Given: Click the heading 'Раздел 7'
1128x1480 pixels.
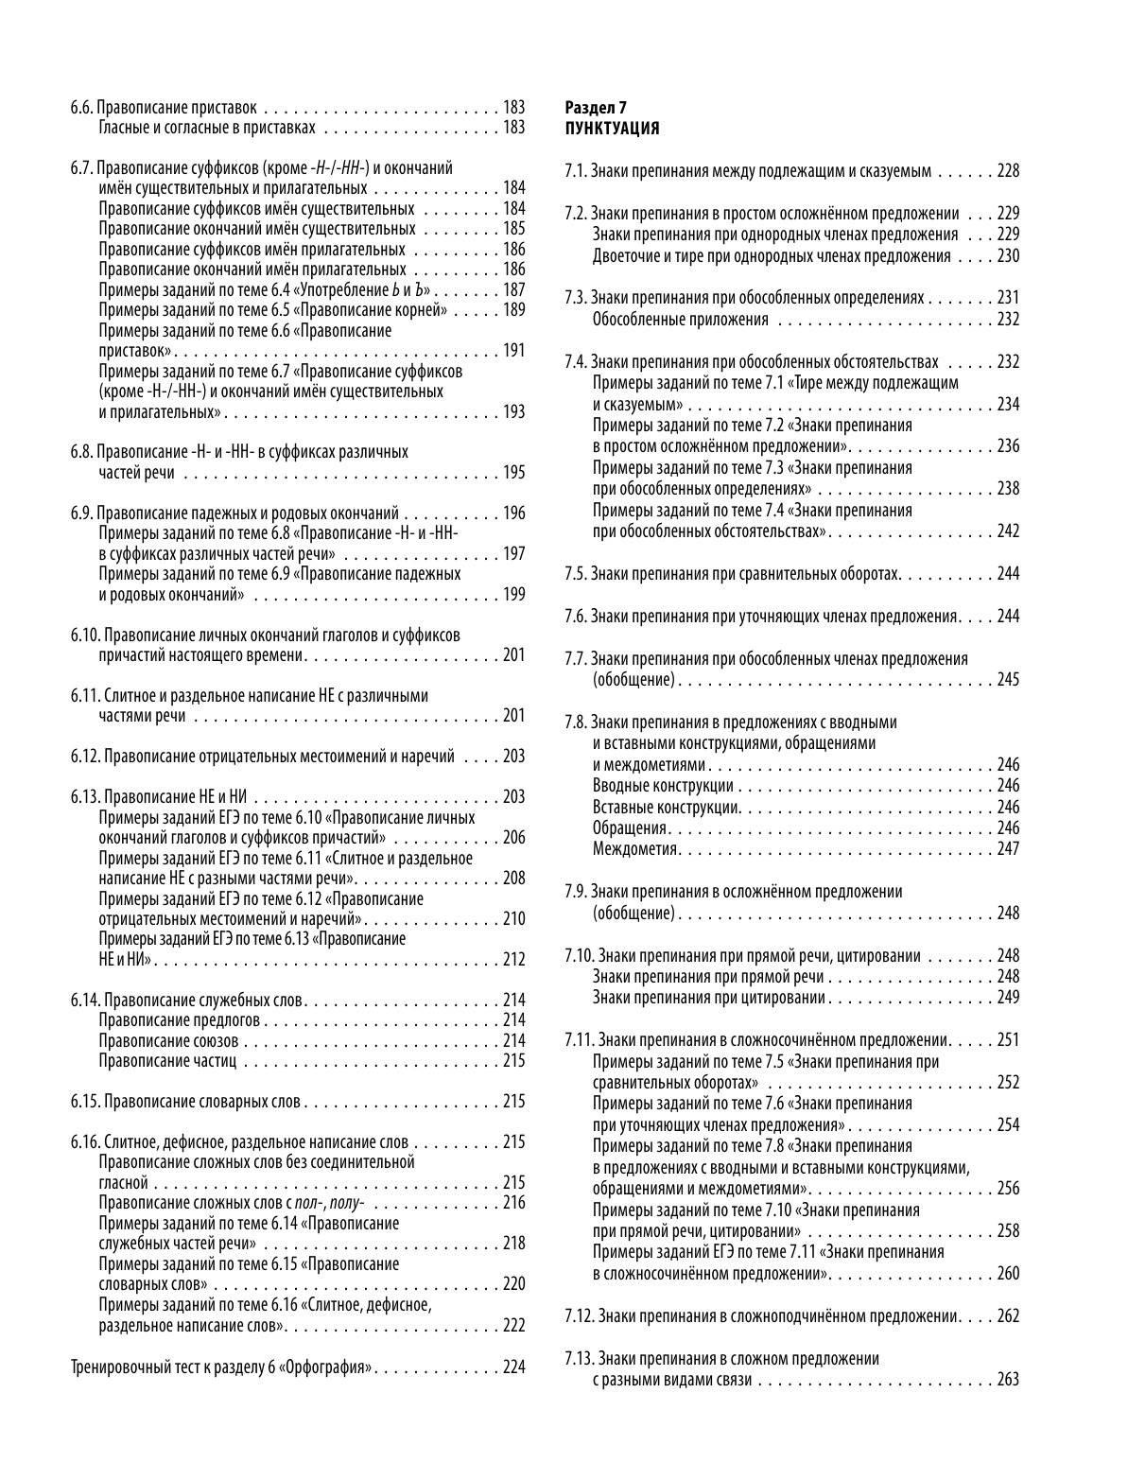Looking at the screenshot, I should (588, 108).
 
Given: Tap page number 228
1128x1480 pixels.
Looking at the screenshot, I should (1008, 171).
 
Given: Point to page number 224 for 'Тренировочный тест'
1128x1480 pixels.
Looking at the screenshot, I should (513, 1367).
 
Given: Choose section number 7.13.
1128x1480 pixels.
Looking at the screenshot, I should (579, 1359).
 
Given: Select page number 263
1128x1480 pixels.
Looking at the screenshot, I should (1008, 1380).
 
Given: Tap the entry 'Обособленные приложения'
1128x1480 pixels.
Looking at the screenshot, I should (680, 320).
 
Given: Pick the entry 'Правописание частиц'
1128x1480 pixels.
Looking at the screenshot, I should (167, 1061).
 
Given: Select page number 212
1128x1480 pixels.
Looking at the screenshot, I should (513, 960).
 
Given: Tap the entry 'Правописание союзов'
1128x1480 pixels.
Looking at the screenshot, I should (168, 1040).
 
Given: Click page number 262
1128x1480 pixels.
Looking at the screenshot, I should (1008, 1316).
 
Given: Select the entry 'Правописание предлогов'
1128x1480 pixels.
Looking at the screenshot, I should (180, 1020).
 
